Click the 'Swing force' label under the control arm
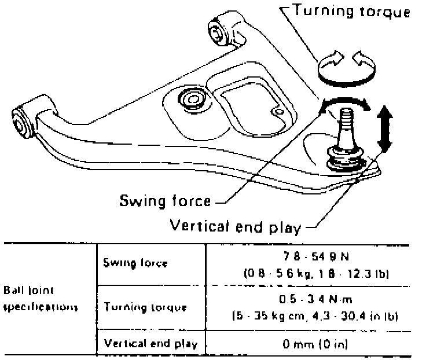(x=164, y=201)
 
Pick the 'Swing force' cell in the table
(x=135, y=263)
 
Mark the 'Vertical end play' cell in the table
(x=150, y=343)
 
